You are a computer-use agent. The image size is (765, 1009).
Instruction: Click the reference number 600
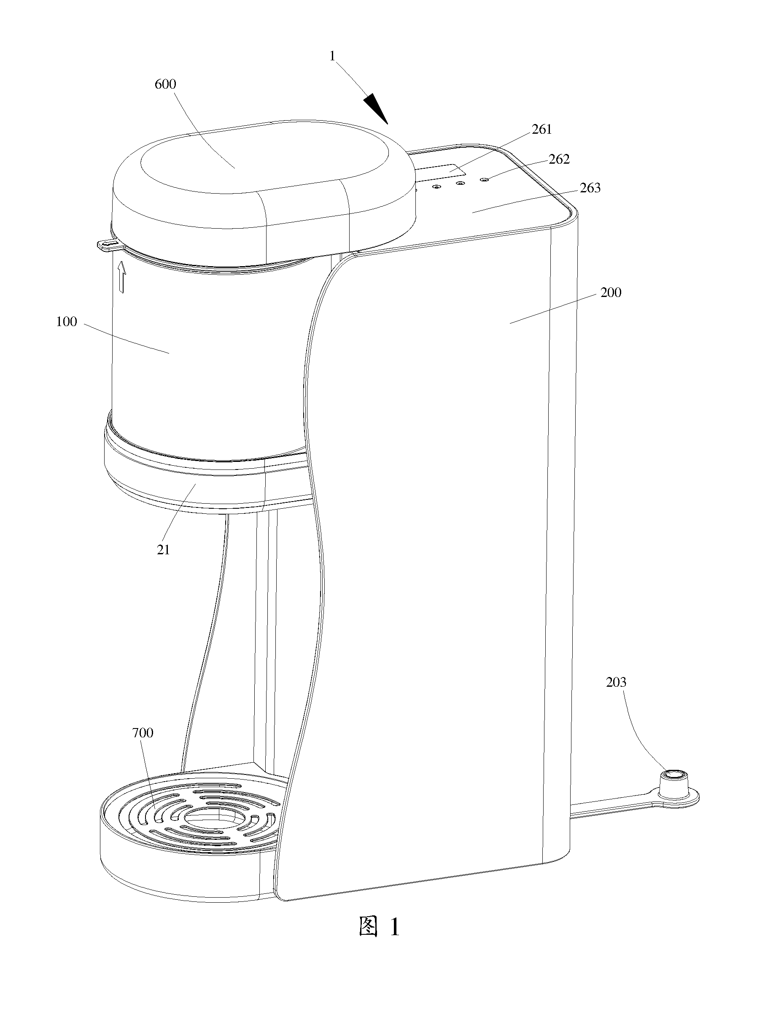point(165,84)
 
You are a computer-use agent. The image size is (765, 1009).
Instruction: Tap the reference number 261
point(542,129)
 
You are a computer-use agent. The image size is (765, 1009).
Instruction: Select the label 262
point(559,159)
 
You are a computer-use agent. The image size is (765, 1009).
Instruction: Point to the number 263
point(590,188)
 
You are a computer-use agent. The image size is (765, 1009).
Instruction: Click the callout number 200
point(611,292)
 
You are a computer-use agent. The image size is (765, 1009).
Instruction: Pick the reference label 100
point(67,321)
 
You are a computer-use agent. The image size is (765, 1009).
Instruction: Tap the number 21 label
point(163,550)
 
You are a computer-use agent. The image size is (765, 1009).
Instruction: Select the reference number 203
point(616,683)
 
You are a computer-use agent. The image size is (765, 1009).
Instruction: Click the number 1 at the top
point(333,56)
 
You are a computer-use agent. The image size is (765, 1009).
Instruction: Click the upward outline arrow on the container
point(121,277)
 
